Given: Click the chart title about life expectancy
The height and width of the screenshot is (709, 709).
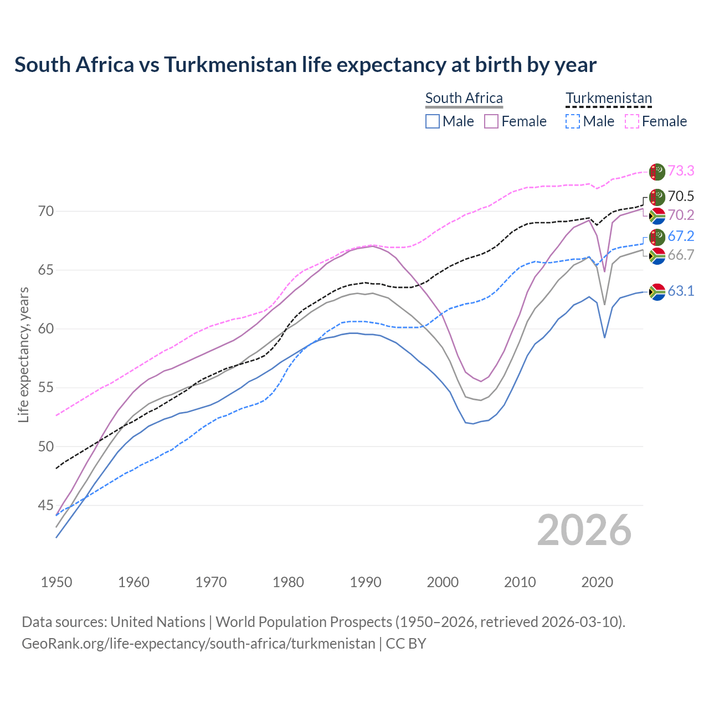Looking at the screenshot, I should (x=305, y=65).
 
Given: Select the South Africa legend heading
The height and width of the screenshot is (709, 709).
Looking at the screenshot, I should (x=464, y=98).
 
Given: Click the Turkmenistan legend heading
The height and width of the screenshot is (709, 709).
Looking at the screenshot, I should (x=608, y=98).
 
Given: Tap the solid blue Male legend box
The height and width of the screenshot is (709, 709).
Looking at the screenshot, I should (x=433, y=121).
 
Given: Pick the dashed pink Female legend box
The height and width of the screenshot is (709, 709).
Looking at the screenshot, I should (x=632, y=121).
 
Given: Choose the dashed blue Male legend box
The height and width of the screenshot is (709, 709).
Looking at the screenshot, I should (x=573, y=121).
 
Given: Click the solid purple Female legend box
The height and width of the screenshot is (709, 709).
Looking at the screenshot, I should (x=491, y=121).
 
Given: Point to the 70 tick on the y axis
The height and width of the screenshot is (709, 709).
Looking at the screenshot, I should (x=46, y=211).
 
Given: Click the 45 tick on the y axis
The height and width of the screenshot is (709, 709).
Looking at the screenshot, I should (x=46, y=505).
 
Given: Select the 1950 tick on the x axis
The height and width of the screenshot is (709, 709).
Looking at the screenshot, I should (x=56, y=582).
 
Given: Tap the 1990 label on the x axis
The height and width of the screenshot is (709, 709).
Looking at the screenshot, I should (x=366, y=582).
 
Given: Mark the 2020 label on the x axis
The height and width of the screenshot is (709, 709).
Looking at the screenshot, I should (x=597, y=582).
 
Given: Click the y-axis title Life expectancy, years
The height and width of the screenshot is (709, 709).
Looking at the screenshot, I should (x=23, y=354).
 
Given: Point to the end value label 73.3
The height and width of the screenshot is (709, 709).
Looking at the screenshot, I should (x=681, y=171).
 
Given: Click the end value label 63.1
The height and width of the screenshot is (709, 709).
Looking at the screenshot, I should (x=681, y=291).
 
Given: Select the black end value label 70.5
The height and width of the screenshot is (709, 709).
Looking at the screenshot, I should (x=681, y=196).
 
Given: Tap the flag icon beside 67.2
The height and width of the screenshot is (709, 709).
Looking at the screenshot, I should (x=657, y=237).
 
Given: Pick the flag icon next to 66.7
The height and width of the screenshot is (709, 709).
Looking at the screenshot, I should (x=657, y=255).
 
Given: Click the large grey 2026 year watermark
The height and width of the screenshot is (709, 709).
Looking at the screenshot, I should (x=584, y=530).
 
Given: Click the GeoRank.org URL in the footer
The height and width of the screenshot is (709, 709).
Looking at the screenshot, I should (x=198, y=644).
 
